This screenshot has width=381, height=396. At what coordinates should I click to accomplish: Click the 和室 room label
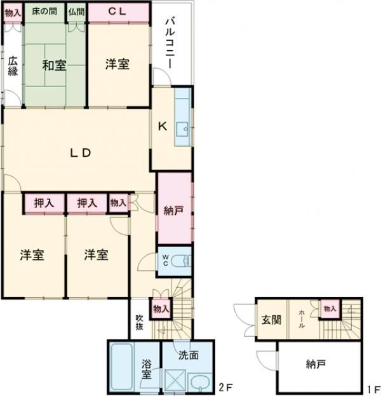[x=54, y=64]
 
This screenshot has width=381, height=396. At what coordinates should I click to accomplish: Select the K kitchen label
[x=163, y=126]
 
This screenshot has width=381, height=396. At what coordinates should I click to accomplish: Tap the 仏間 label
[x=76, y=11]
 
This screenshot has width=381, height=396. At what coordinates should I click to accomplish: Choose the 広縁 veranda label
[x=13, y=66]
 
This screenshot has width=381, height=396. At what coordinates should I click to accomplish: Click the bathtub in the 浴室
[x=123, y=369]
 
